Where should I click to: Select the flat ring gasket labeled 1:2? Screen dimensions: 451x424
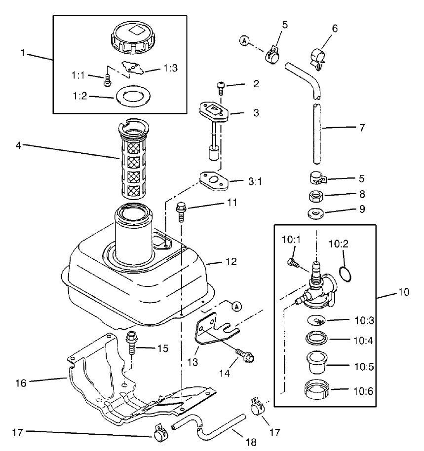[130, 96]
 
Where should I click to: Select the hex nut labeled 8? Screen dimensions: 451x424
[316, 196]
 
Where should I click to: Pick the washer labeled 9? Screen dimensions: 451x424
[315, 213]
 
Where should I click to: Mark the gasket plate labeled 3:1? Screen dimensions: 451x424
[216, 181]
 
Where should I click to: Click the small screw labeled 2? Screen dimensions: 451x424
[221, 88]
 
